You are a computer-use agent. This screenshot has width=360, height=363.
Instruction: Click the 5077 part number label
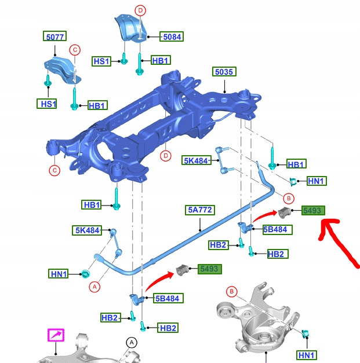pyautogui.click(x=54, y=36)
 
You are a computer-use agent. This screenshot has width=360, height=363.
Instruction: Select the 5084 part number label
pyautogui.click(x=172, y=36)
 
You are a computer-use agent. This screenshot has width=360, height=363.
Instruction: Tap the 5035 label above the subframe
pyautogui.click(x=224, y=72)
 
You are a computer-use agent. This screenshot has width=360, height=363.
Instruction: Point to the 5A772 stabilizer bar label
pyautogui.click(x=200, y=210)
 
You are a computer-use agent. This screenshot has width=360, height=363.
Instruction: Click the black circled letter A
pyautogui.click(x=132, y=342)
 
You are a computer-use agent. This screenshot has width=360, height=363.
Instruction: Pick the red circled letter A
pyautogui.click(x=94, y=287)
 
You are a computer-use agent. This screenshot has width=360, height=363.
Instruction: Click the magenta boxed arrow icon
pyautogui.click(x=56, y=335)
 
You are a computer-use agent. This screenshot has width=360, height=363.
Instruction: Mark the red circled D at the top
pyautogui.click(x=140, y=10)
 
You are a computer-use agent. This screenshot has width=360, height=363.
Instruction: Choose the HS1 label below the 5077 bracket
pyautogui.click(x=47, y=104)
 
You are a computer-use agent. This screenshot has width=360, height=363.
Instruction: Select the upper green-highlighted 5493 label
pyautogui.click(x=313, y=210)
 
